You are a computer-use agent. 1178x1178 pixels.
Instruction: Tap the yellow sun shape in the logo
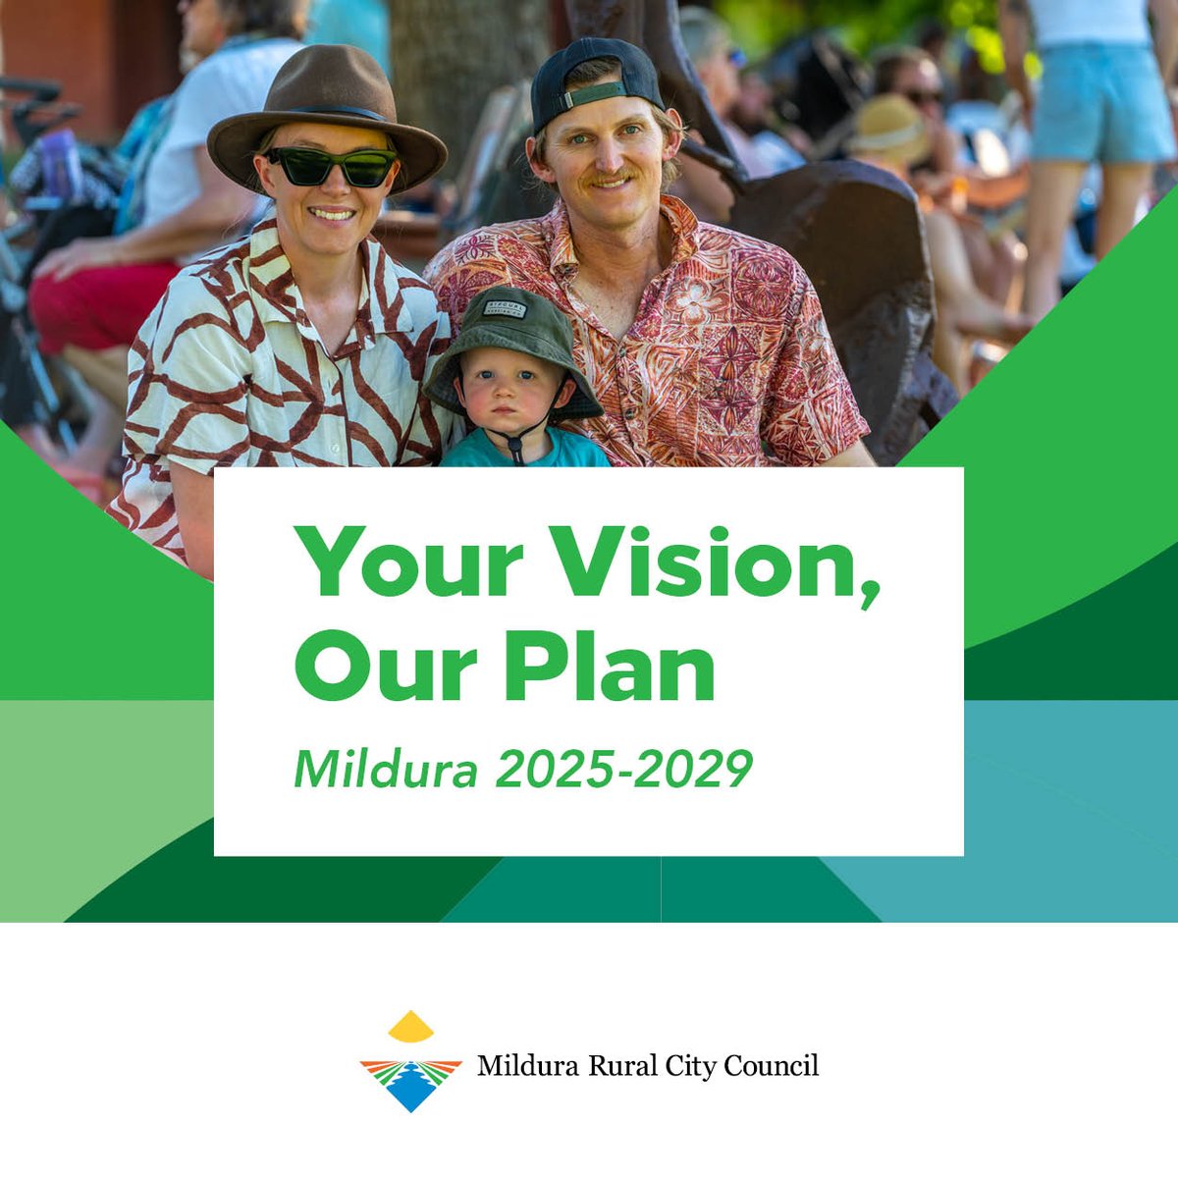(411, 1028)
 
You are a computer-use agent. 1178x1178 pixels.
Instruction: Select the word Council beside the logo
(771, 1066)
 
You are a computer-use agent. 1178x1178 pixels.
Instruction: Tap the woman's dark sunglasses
(330, 167)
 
